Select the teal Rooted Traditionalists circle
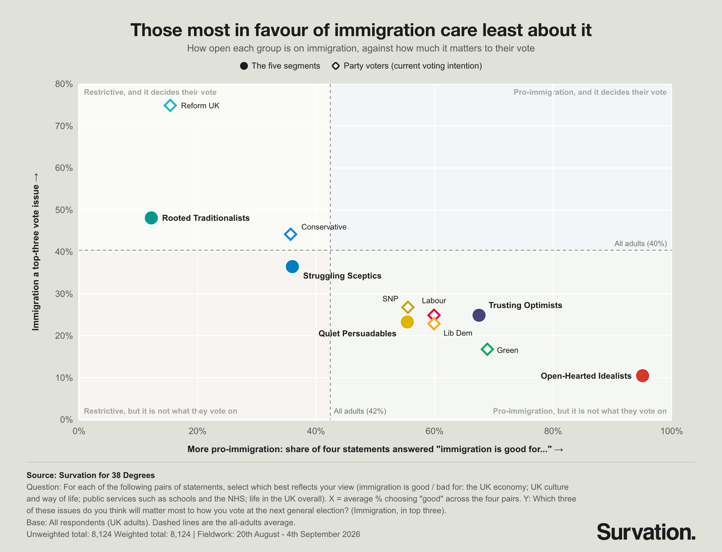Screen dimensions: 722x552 point(151,218)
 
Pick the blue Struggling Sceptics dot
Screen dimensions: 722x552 point(292,267)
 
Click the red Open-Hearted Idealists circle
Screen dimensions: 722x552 point(643,375)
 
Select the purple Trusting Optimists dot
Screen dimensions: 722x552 point(479,315)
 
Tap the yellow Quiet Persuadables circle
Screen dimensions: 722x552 point(407,322)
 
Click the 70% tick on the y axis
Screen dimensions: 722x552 point(64,126)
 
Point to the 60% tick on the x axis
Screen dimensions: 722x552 point(434,431)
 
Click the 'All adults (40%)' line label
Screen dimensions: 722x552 point(640,243)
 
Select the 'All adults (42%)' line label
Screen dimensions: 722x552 point(360,411)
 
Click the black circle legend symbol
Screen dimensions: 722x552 point(244,66)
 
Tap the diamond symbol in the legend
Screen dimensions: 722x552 point(335,66)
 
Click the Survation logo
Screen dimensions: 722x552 point(646,532)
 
